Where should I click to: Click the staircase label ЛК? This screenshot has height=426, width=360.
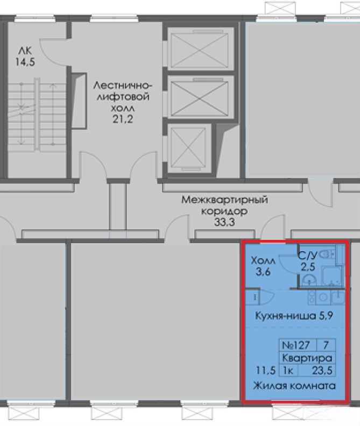coord(25,51)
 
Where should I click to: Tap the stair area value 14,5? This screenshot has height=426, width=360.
coord(25,62)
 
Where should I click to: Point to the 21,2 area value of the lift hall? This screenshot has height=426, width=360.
coord(123,119)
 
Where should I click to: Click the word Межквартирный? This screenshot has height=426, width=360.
coord(224,200)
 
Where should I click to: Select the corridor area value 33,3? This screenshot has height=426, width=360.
coord(224,222)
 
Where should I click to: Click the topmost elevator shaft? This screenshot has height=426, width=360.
coord(200,49)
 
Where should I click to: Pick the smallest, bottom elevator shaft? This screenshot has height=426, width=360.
coord(189,148)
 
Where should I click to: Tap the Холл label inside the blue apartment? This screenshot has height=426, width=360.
coord(263,261)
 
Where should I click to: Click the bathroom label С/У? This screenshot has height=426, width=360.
coord(307,255)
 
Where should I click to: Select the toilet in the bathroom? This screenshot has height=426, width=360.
coord(325,254)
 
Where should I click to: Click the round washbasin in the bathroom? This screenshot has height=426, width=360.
coord(309,280)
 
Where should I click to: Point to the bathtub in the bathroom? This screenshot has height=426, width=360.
coord(331,275)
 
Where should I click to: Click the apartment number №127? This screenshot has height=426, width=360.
coord(296,345)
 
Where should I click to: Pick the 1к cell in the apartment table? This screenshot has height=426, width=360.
coord(288,370)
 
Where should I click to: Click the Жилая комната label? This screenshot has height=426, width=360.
coord(294,386)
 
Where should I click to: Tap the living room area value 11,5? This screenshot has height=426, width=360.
coord(266,370)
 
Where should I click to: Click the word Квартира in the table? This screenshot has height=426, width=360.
coord(307,358)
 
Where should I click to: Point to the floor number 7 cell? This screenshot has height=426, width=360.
coord(326,345)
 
